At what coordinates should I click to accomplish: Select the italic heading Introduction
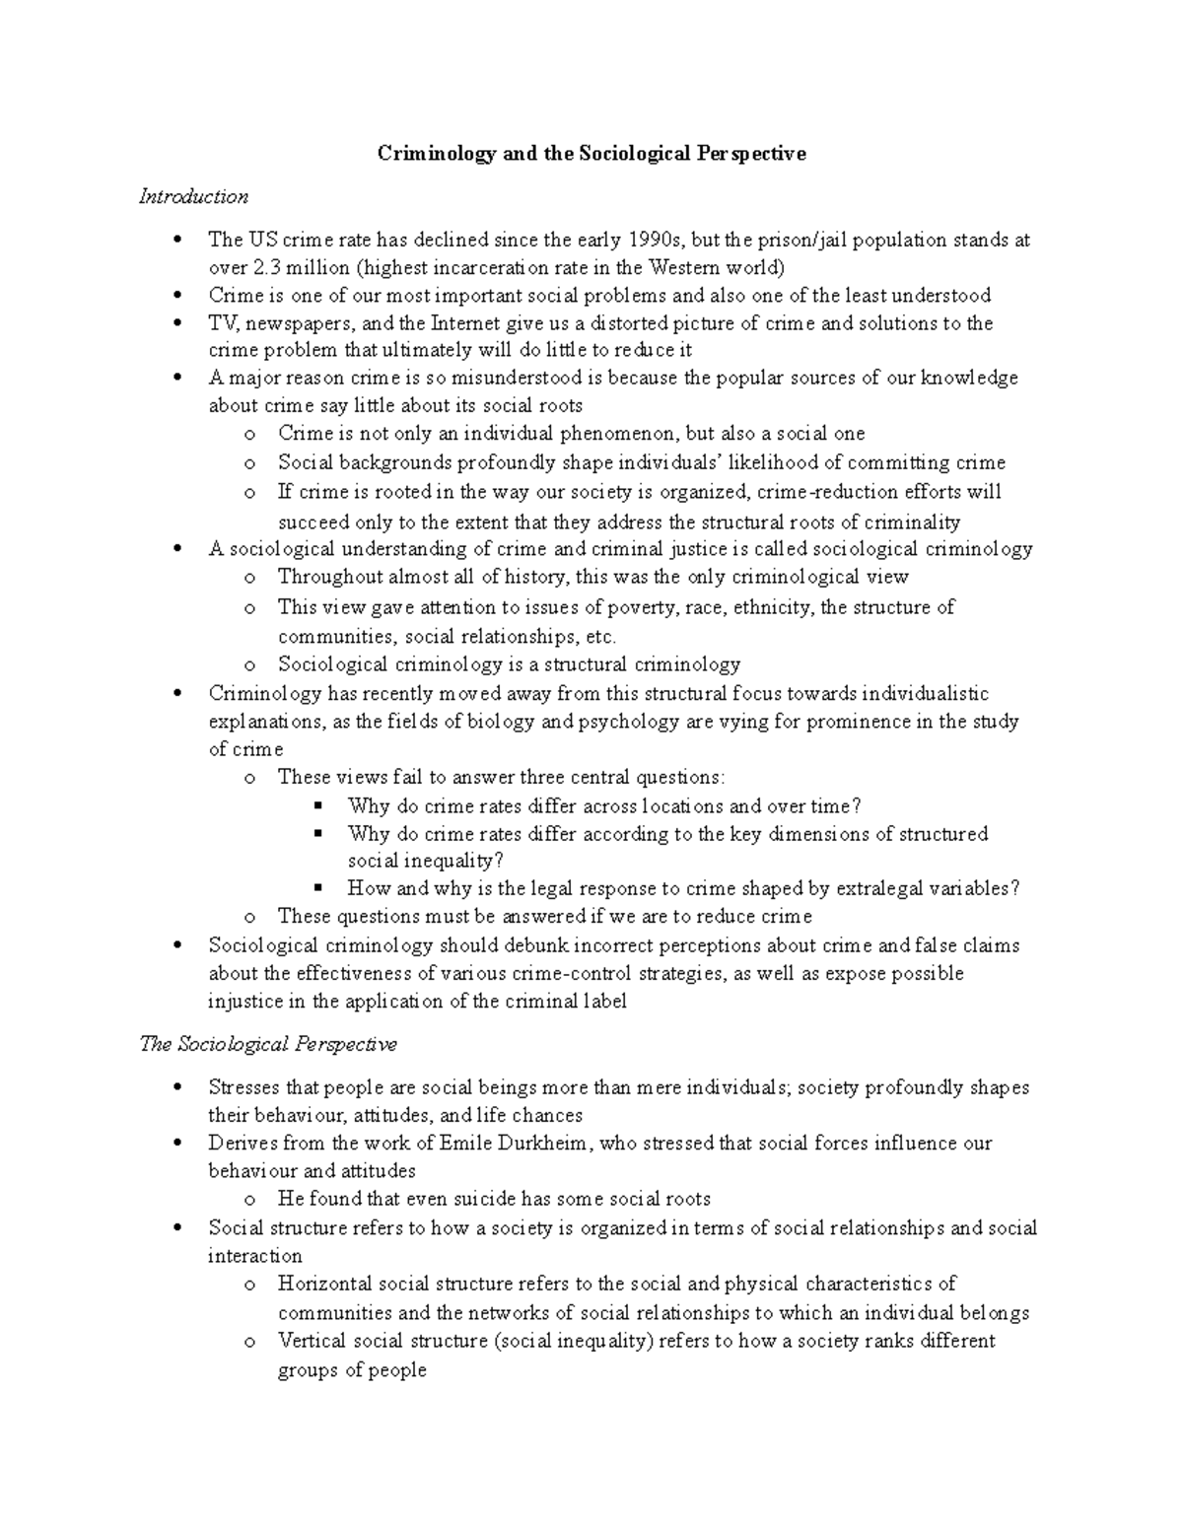(193, 196)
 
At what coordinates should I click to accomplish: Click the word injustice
(242, 1002)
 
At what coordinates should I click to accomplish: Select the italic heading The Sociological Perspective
(268, 1044)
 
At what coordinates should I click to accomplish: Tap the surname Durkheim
(545, 1144)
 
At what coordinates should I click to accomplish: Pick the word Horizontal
(324, 1285)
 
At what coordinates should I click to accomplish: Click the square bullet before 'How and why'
(318, 887)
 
